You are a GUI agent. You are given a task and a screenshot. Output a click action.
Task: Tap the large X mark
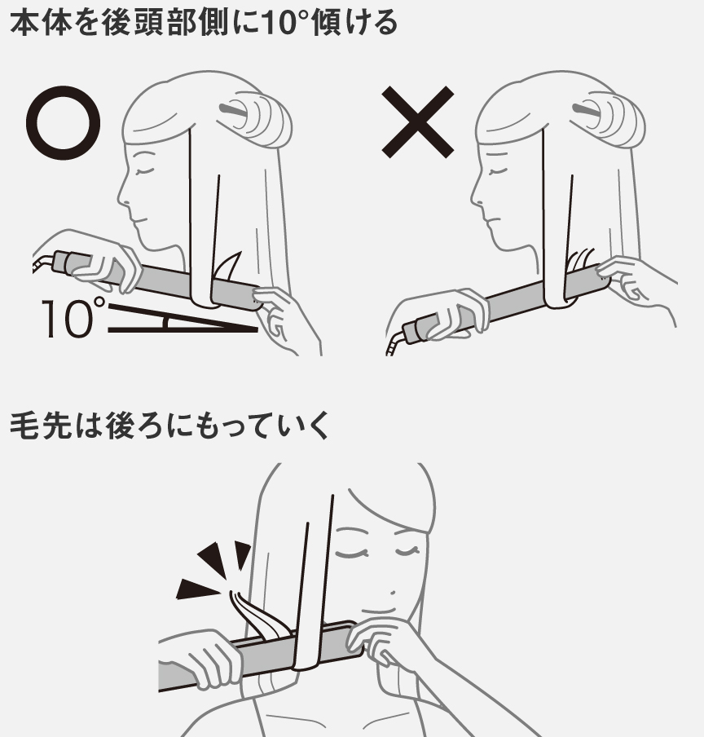tap(418, 122)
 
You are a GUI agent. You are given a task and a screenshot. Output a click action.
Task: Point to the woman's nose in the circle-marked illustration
tap(121, 196)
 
